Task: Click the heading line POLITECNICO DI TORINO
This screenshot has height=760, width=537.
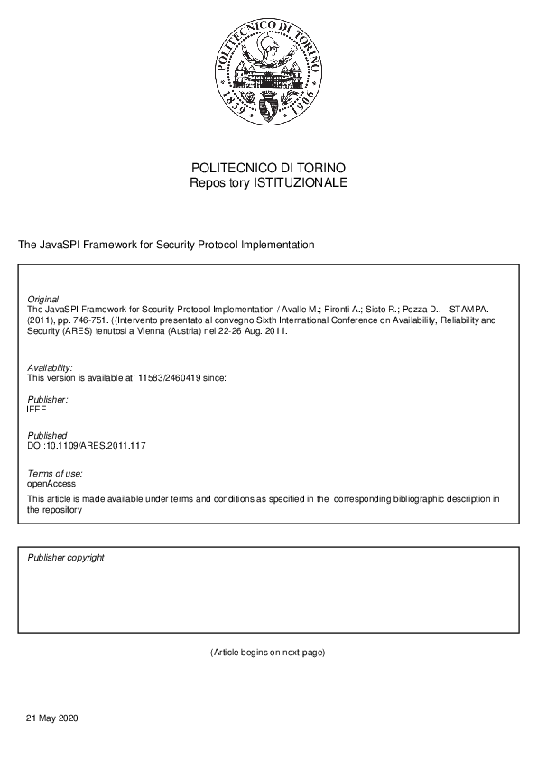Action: (268, 169)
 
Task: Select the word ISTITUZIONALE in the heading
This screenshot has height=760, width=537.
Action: (301, 183)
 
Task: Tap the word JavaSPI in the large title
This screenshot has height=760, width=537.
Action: (59, 245)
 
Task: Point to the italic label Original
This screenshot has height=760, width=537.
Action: (43, 299)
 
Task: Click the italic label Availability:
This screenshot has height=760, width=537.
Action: (50, 367)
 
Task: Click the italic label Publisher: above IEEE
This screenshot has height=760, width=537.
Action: (48, 399)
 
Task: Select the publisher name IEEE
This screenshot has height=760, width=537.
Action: (38, 410)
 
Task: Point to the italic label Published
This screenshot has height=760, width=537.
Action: (47, 436)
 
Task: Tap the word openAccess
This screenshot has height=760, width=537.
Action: (51, 484)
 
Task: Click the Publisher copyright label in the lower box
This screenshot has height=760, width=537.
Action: (66, 558)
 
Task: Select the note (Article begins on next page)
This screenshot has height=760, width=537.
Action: (267, 653)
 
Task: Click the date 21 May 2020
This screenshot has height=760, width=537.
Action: (53, 718)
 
